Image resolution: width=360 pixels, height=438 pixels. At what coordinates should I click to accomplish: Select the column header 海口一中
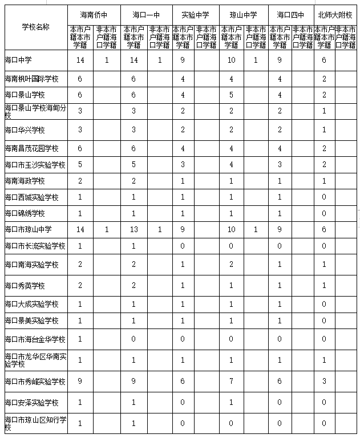(x=146, y=14)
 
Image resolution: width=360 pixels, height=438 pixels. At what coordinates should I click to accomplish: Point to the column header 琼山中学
(x=244, y=14)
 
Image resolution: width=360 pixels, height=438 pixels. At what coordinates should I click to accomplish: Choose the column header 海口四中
(x=290, y=14)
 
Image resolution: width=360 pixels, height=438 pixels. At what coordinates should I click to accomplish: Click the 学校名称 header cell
(x=35, y=27)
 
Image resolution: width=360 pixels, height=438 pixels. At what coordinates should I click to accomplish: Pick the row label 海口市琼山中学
(x=28, y=229)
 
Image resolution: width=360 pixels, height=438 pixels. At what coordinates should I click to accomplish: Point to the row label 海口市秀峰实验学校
(x=35, y=381)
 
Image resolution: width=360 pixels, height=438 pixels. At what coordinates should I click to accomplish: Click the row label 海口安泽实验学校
(x=31, y=403)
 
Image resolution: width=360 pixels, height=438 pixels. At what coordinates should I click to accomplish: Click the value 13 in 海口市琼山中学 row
(x=134, y=229)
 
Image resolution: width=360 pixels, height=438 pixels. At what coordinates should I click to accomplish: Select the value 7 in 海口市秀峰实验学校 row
(x=230, y=381)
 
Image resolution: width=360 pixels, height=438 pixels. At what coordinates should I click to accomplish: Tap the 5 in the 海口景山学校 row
(x=230, y=95)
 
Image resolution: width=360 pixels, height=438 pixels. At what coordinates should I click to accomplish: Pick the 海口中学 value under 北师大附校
(x=324, y=59)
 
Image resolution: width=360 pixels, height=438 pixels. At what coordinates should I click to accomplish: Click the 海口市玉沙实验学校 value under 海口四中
(x=280, y=165)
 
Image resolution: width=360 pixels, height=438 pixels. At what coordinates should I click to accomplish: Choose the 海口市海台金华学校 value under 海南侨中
(x=80, y=339)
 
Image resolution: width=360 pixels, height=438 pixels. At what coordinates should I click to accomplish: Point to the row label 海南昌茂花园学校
(x=31, y=148)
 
